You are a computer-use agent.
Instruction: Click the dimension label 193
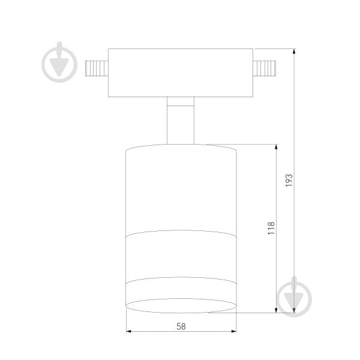coord(289,180)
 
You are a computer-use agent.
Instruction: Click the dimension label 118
coord(271,228)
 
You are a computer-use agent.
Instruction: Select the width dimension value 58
coord(181,326)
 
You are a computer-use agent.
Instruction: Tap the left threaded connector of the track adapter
coord(97,68)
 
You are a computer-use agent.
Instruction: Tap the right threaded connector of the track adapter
coord(264,68)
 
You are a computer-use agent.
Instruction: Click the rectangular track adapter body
coord(181,73)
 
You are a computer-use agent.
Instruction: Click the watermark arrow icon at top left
coord(59,62)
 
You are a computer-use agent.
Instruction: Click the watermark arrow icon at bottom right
coord(294,296)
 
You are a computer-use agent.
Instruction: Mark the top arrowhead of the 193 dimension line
coord(294,51)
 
